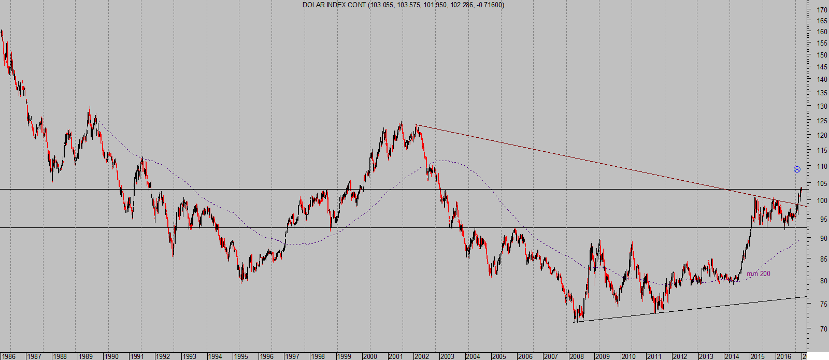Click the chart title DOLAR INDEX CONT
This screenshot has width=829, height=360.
point(335,5)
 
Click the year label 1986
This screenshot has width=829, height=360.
point(8,356)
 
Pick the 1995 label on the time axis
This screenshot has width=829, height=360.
point(240,356)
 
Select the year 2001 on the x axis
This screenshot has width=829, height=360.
point(396,356)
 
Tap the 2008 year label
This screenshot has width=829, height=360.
point(577,356)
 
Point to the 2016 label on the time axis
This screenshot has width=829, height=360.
point(784,356)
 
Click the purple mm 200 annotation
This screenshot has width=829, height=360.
point(758,273)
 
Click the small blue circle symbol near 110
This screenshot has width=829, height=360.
point(797,169)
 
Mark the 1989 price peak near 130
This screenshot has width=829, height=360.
point(90,108)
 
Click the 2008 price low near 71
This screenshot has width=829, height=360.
point(576,321)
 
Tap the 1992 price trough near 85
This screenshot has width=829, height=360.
point(173,255)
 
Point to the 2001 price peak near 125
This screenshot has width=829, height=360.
point(401,122)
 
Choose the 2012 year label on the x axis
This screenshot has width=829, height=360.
point(680,356)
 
